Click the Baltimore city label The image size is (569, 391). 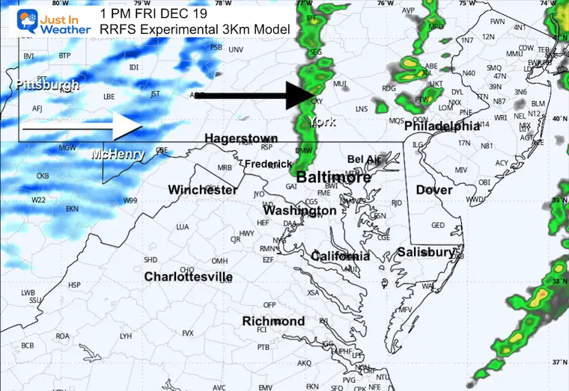(334, 178)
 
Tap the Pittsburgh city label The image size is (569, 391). (46, 85)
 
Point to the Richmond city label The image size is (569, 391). (273, 321)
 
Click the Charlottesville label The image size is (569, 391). (188, 277)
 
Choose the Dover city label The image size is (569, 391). (434, 190)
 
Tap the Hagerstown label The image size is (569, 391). (241, 138)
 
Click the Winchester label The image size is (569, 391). (203, 190)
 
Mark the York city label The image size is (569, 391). (323, 122)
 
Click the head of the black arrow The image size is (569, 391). (314, 96)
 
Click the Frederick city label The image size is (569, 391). (268, 164)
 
